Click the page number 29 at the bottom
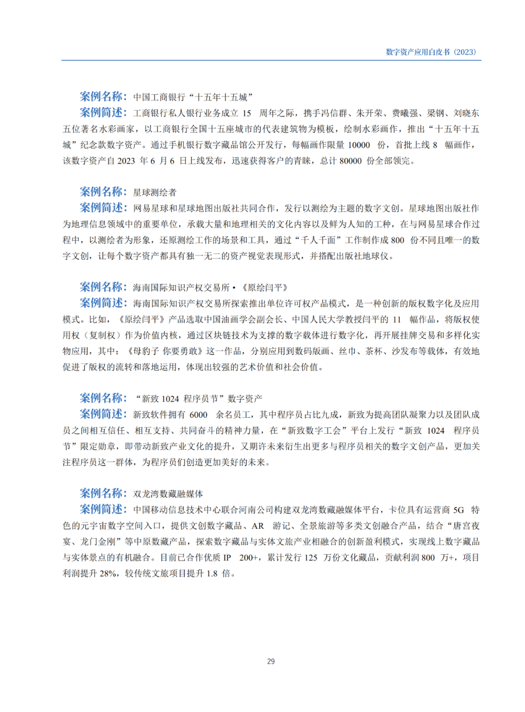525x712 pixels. coord(271,661)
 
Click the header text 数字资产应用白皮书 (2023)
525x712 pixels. coord(431,52)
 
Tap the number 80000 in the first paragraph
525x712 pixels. coord(350,161)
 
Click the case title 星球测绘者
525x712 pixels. coord(155,192)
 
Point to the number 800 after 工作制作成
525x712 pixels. coord(397,240)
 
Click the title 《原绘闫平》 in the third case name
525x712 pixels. coord(265,288)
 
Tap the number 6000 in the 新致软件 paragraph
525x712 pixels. coord(198,415)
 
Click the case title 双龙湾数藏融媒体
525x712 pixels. coord(168,494)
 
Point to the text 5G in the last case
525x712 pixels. coord(458,510)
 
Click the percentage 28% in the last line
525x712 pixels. coord(108,573)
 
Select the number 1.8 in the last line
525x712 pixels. coord(212,573)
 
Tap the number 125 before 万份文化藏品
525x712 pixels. coord(311,558)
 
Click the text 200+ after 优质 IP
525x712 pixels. coord(248,558)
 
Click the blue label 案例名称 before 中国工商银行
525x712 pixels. coord(103,96)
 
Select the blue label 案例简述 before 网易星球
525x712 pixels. coord(103,207)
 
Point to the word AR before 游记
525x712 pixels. coord(258,526)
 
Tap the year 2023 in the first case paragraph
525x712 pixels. coord(126,161)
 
